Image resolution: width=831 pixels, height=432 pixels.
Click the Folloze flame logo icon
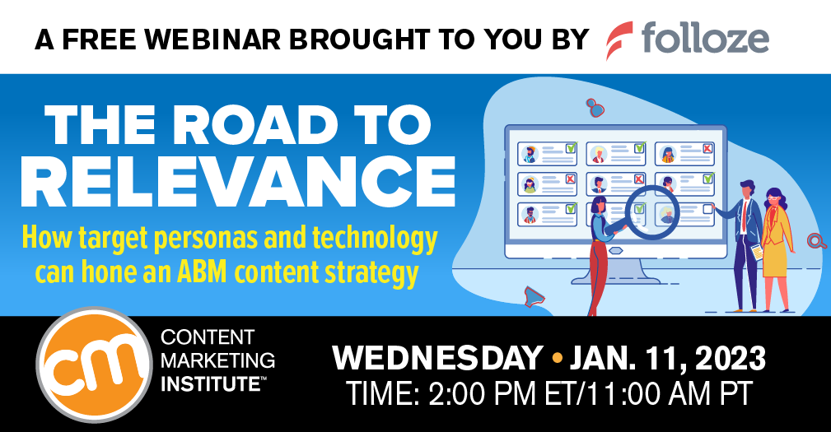tap(619, 39)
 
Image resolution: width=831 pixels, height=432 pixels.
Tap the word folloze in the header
tap(706, 39)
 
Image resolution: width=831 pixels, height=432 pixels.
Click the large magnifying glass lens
tap(637, 211)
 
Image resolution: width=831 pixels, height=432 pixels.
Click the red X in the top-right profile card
tap(707, 149)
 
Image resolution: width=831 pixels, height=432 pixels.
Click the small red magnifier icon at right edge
tap(815, 240)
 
